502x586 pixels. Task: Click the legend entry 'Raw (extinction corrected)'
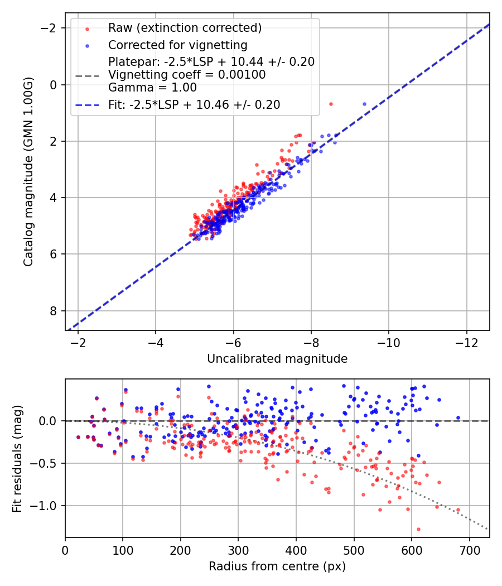pyautogui.click(x=185, y=28)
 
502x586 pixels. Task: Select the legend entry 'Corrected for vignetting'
pyautogui.click(x=177, y=45)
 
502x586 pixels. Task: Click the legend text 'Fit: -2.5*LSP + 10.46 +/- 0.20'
pyautogui.click(x=194, y=104)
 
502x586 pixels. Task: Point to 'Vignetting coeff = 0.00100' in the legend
pyautogui.click(x=187, y=75)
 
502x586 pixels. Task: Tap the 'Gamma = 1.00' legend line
pyautogui.click(x=152, y=87)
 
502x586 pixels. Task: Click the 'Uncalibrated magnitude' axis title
pyautogui.click(x=277, y=359)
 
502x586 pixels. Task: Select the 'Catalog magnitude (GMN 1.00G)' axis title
pyautogui.click(x=29, y=172)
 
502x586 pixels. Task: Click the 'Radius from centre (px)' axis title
pyautogui.click(x=277, y=566)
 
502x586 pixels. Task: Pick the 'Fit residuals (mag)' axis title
pyautogui.click(x=17, y=459)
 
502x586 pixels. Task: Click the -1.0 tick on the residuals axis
pyautogui.click(x=47, y=506)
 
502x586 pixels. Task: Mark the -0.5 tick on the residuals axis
pyautogui.click(x=47, y=463)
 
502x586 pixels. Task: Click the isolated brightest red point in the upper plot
pyautogui.click(x=331, y=104)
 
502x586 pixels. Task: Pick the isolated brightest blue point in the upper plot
pyautogui.click(x=365, y=104)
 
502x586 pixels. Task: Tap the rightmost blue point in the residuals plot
pyautogui.click(x=458, y=417)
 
